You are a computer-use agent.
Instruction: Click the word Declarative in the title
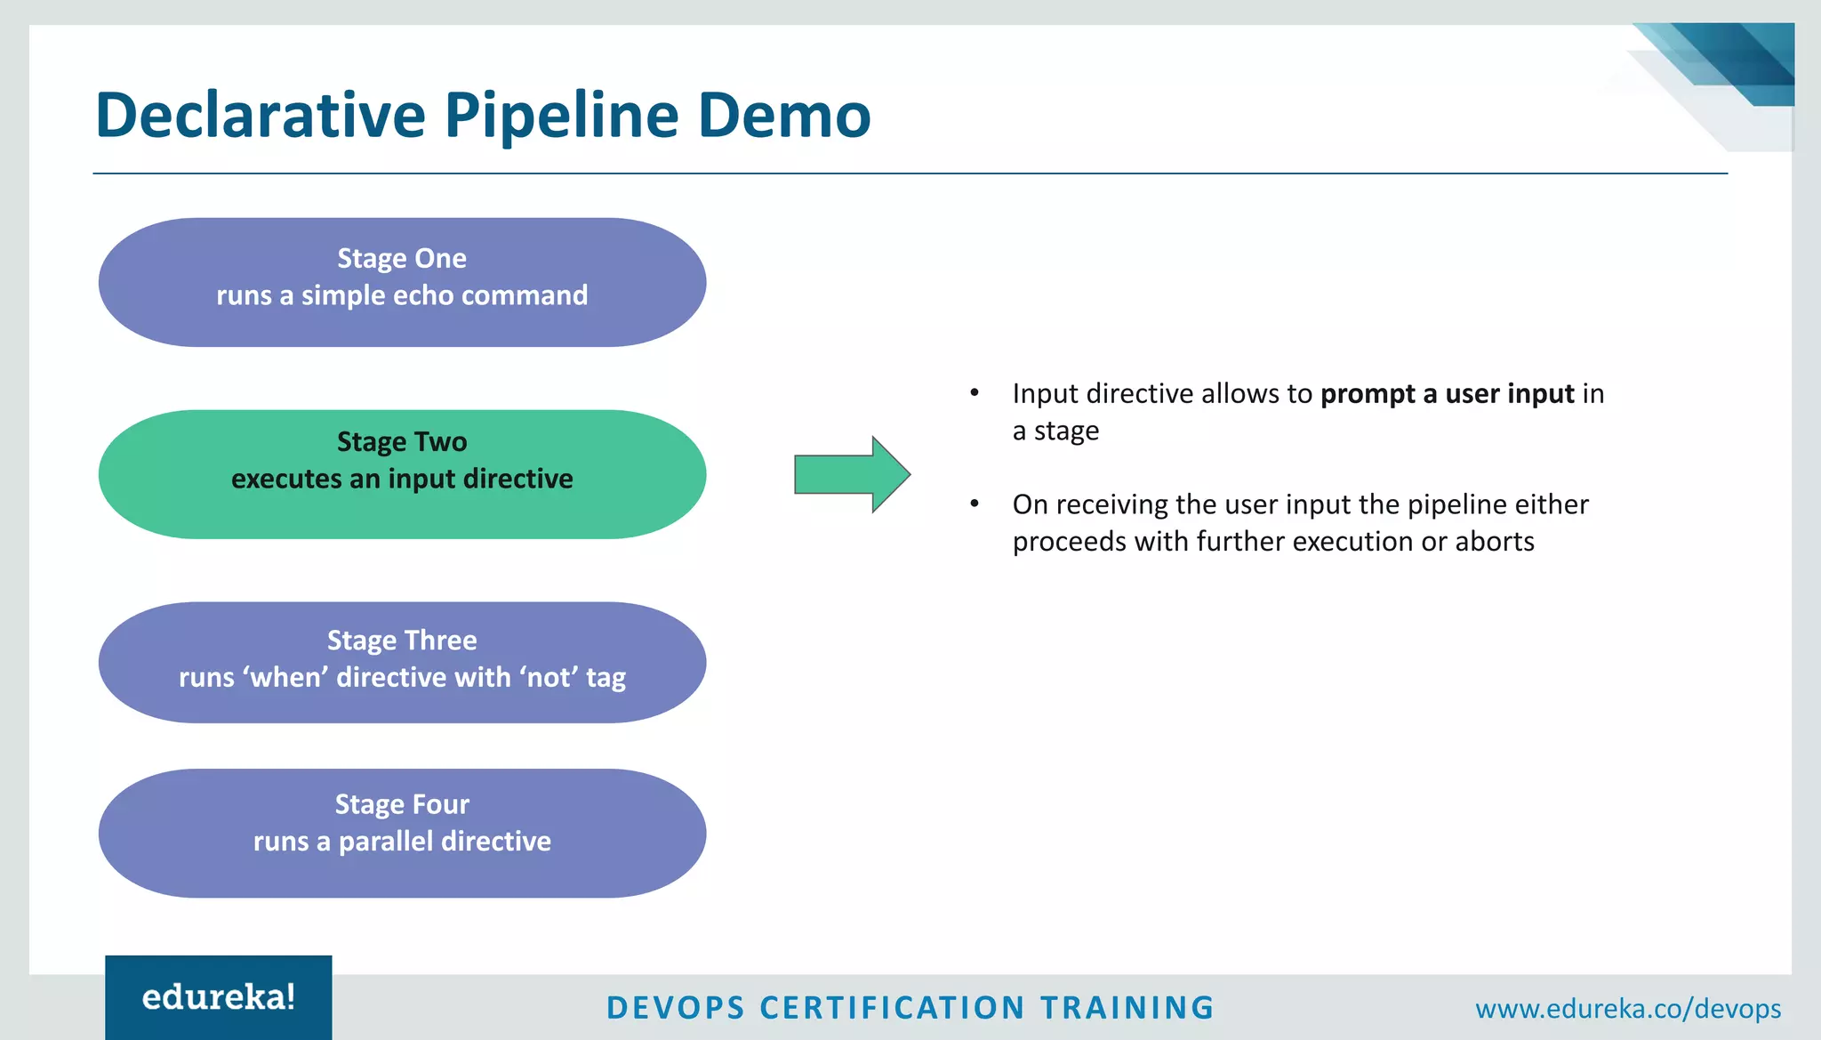[x=261, y=116]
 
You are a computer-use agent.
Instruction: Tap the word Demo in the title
[x=783, y=116]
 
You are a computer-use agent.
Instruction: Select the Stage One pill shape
[x=402, y=282]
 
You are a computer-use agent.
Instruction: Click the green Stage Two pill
[x=402, y=474]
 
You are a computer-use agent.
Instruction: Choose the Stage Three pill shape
[x=402, y=662]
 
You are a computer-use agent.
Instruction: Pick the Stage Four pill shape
[x=402, y=833]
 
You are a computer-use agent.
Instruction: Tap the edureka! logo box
[x=219, y=997]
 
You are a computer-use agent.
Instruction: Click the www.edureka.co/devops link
[x=1627, y=1009]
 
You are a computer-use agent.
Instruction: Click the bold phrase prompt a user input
[x=1447, y=393]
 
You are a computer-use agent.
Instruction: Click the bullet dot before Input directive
[x=975, y=392]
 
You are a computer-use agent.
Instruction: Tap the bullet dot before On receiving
[x=975, y=504]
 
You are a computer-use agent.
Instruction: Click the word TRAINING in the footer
[x=1127, y=1008]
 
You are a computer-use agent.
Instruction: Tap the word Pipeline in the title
[x=560, y=116]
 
